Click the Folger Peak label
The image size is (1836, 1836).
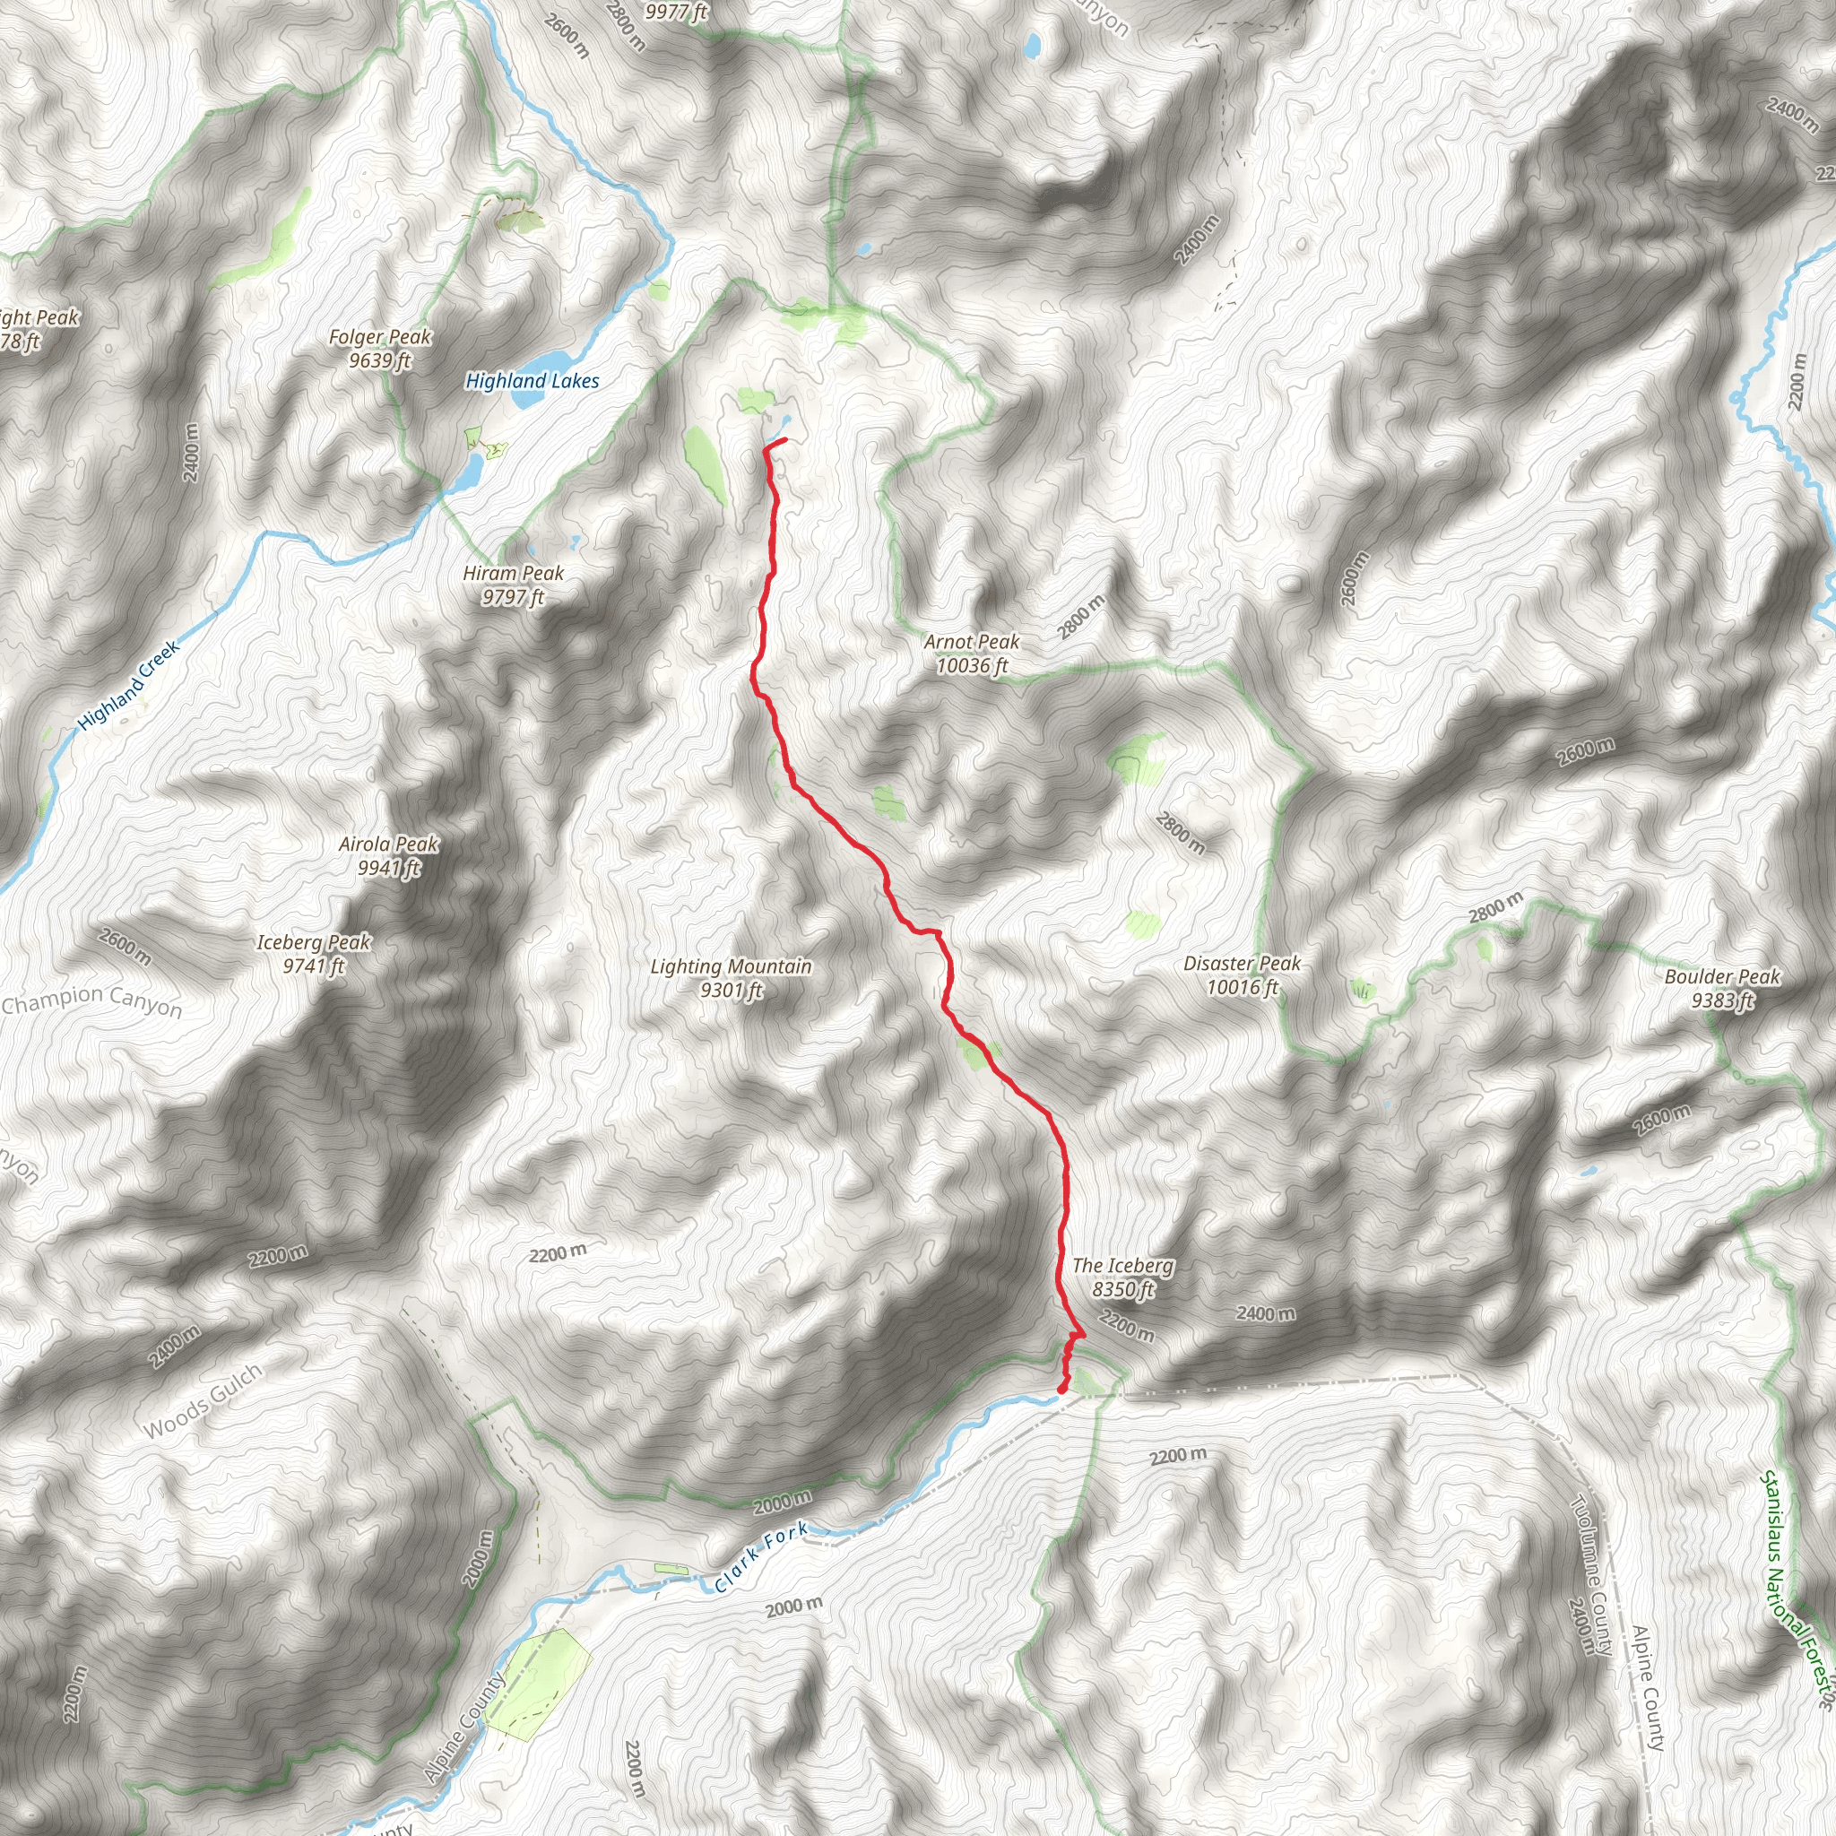point(380,337)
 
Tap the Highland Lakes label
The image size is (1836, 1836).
point(533,381)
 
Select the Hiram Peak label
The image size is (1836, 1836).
point(513,573)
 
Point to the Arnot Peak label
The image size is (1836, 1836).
point(971,643)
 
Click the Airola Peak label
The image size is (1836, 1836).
point(389,844)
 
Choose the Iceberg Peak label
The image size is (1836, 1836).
point(314,942)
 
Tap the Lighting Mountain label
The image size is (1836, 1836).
point(731,966)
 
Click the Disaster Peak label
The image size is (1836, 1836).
point(1242,964)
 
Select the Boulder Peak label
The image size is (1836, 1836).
point(1722,977)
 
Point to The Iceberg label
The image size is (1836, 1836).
point(1122,1266)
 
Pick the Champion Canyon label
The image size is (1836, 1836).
point(91,1000)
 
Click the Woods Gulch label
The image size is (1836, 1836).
point(203,1402)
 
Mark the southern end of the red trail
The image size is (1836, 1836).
point(1061,1391)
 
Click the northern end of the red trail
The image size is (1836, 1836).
point(785,439)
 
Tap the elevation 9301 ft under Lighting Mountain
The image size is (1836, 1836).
point(731,991)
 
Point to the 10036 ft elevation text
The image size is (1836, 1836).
point(971,666)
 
